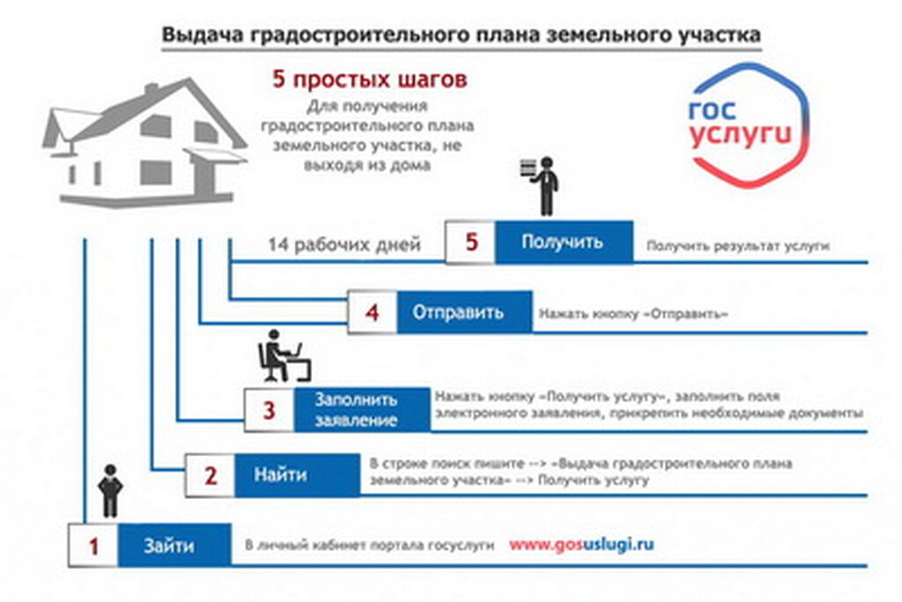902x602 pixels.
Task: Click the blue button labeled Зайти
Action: (x=174, y=545)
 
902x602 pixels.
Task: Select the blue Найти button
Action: (x=297, y=475)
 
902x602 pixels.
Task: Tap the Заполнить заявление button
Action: (x=362, y=409)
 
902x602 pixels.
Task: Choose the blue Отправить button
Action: (x=464, y=312)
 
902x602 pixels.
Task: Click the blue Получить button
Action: (x=564, y=242)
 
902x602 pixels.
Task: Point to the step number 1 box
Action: (x=93, y=545)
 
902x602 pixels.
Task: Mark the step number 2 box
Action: (x=210, y=475)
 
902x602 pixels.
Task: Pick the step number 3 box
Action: (x=270, y=409)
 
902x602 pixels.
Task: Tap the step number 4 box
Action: (x=373, y=312)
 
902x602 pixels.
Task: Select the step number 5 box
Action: (x=470, y=242)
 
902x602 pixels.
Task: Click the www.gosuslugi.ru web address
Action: (x=581, y=545)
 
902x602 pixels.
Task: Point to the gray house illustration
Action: (x=144, y=143)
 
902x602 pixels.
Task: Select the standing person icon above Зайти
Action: (x=110, y=491)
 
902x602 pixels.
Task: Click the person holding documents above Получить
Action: (x=541, y=186)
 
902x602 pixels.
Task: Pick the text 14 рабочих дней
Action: (x=344, y=245)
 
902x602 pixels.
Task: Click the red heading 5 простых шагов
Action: (x=369, y=79)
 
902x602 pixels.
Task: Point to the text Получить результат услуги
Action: (x=738, y=246)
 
